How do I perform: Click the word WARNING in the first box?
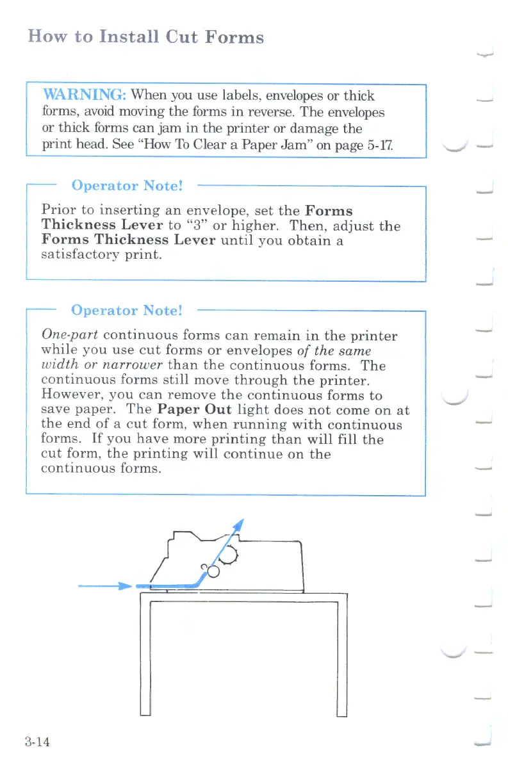pos(85,96)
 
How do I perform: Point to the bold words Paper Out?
pos(194,410)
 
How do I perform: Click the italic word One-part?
pos(69,336)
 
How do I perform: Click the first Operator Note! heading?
pos(127,186)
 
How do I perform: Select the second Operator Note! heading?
pos(127,311)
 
